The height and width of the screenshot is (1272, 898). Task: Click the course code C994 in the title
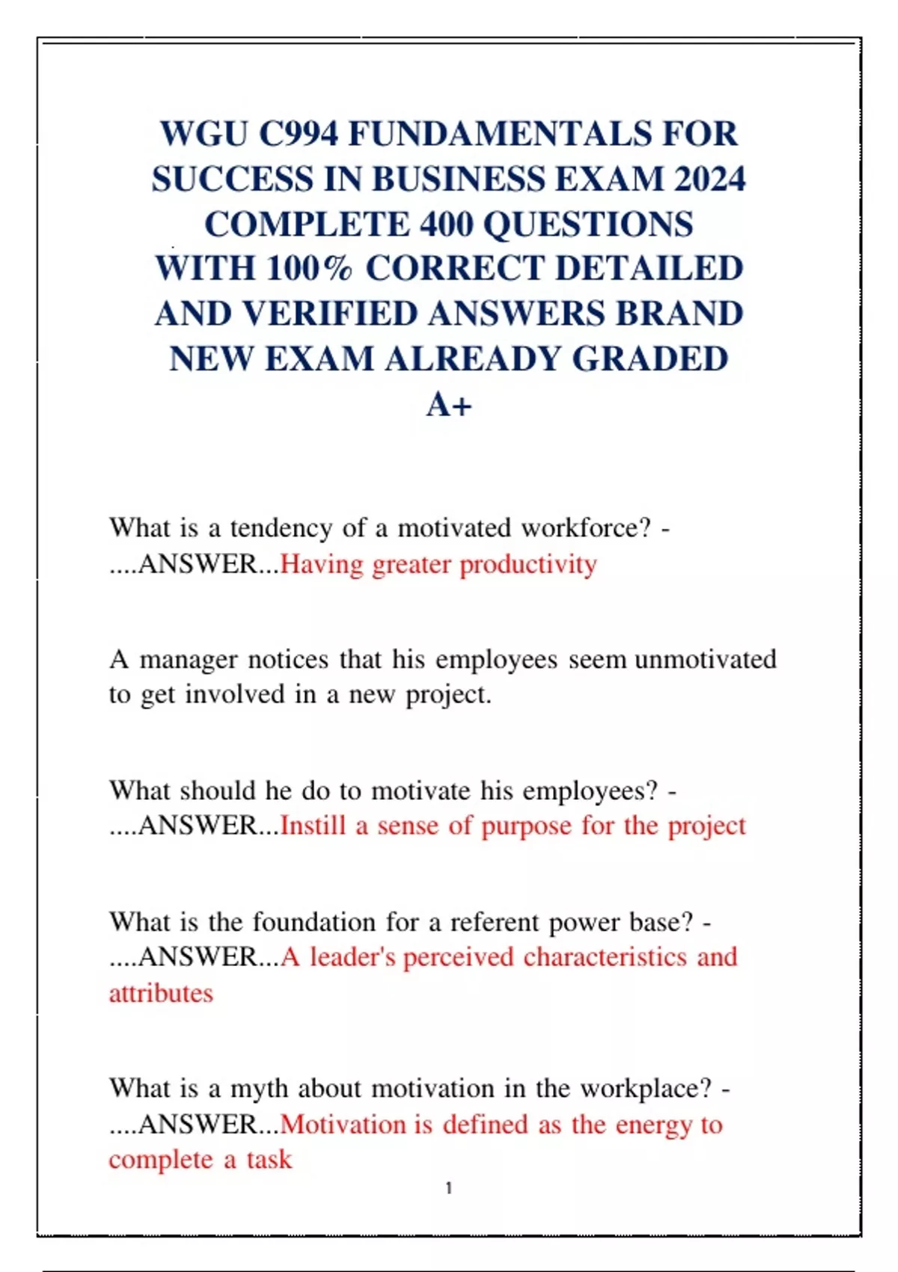[x=299, y=135]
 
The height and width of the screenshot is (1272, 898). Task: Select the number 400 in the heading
[x=445, y=224]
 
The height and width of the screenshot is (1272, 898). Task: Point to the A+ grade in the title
[x=449, y=406]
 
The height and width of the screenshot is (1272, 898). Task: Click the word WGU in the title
[x=204, y=135]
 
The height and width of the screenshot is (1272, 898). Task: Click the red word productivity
[x=528, y=565]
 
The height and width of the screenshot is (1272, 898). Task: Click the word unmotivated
[x=705, y=660]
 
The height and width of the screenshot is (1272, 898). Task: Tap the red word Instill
[x=313, y=826]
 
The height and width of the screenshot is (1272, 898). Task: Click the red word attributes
[x=161, y=994]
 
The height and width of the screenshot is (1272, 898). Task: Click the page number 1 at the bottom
[x=449, y=1188]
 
